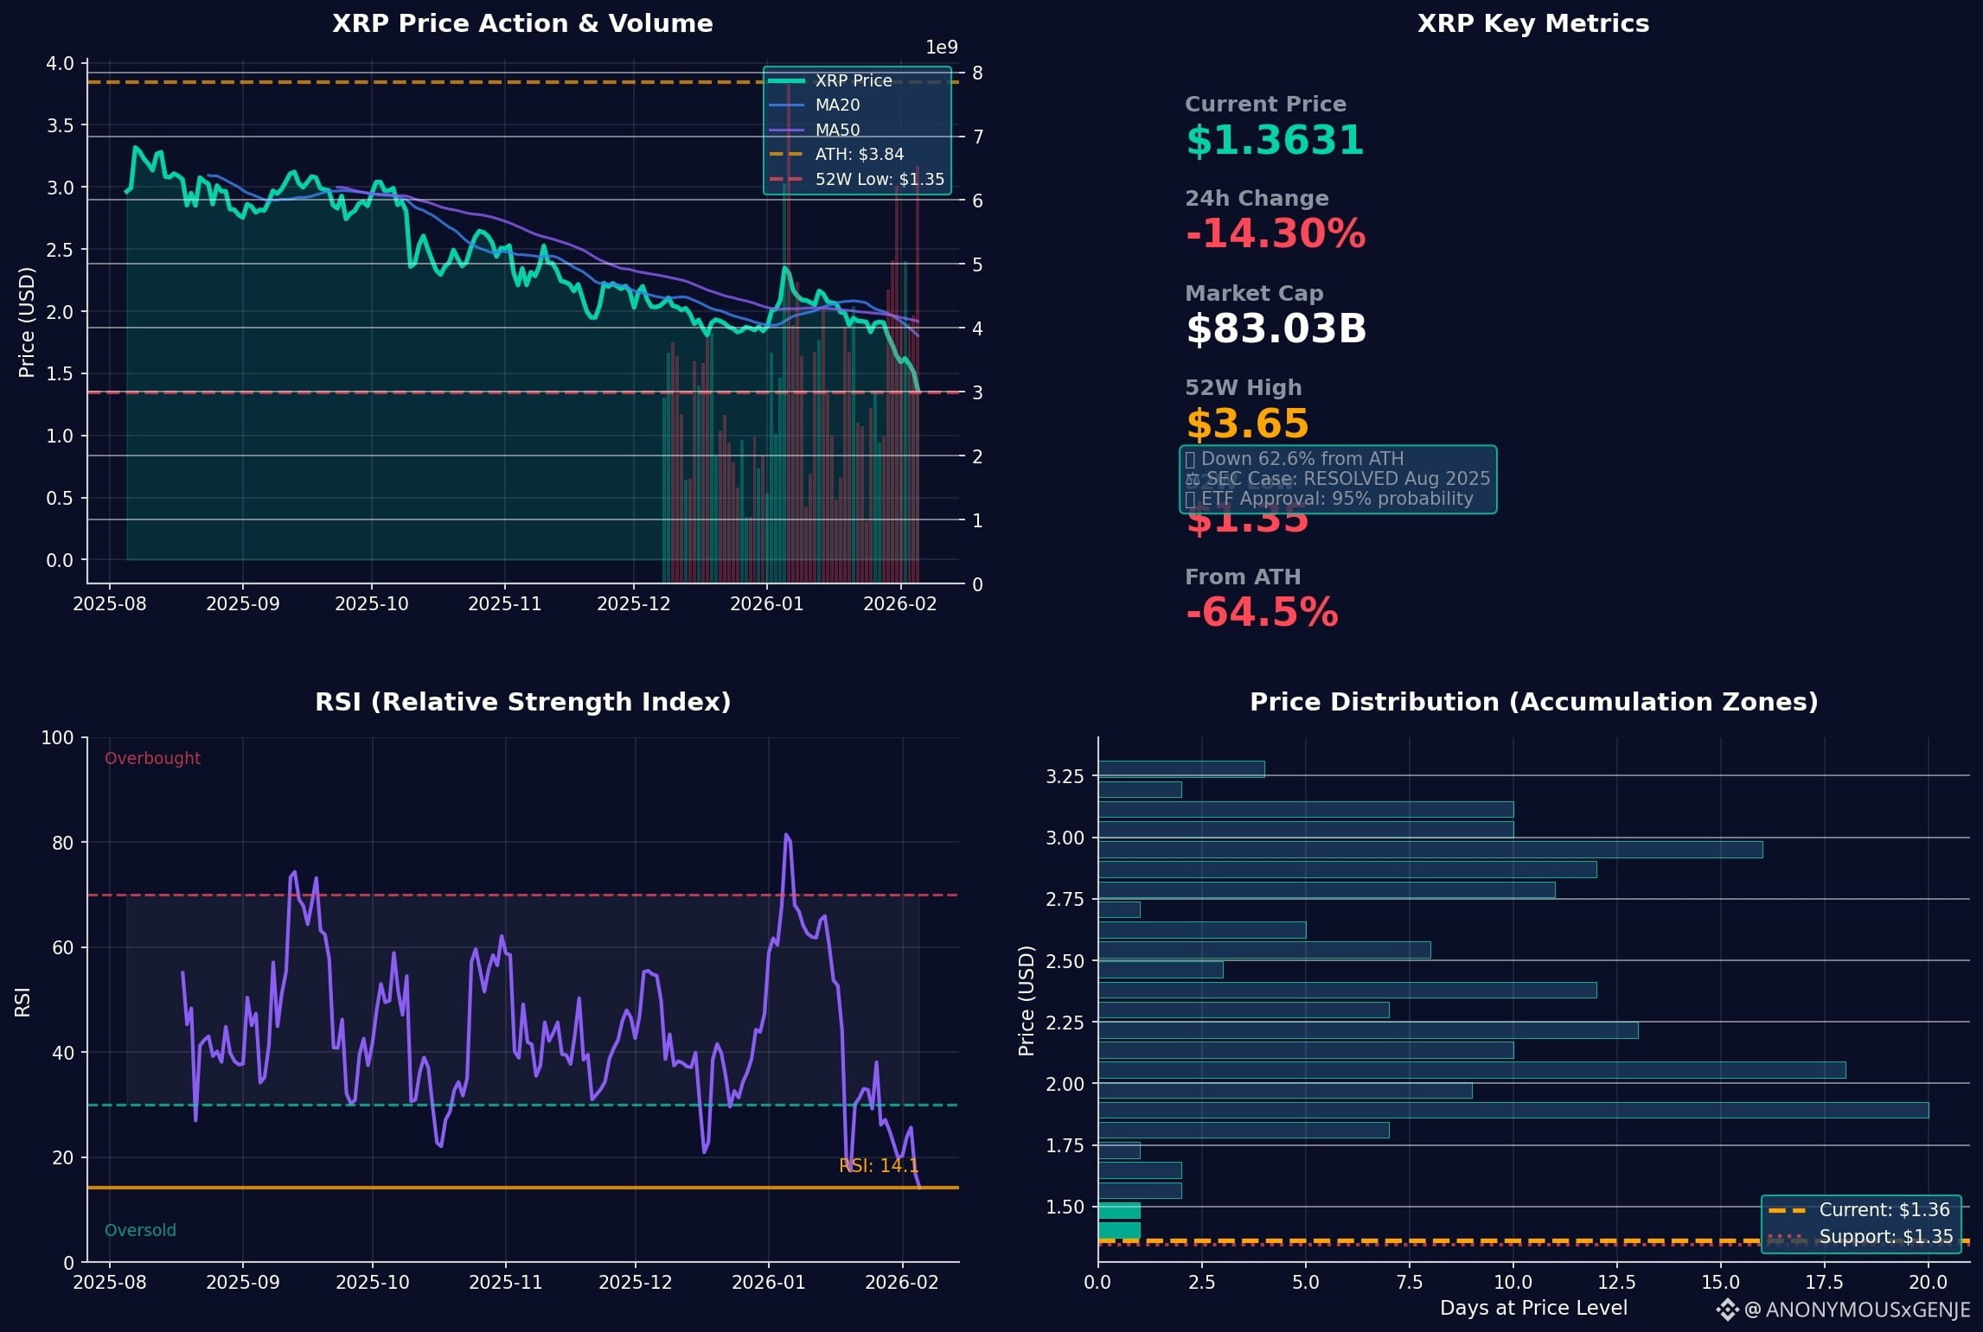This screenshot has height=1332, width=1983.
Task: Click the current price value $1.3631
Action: (1274, 140)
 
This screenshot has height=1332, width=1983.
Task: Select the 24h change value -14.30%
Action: (1275, 234)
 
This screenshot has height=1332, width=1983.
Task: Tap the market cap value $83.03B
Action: (1276, 329)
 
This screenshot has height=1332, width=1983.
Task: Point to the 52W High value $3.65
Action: (1247, 424)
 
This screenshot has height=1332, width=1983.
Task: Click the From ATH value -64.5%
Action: (1262, 613)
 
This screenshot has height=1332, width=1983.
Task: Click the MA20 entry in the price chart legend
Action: (837, 105)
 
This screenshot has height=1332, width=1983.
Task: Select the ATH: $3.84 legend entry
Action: (859, 155)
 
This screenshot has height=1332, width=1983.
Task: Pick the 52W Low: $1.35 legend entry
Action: (879, 180)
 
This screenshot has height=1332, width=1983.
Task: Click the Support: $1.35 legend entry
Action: (1885, 1237)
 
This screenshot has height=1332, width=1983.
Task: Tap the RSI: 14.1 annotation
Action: (879, 1166)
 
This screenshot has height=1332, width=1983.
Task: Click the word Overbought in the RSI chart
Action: (152, 759)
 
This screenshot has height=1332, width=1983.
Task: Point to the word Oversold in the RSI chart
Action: (140, 1230)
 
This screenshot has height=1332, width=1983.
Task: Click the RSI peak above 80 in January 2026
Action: (786, 836)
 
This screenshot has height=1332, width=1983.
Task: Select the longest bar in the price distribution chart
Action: (1513, 1110)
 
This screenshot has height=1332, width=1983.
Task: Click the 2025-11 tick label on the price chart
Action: (504, 604)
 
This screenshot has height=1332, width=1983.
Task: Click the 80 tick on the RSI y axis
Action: (63, 843)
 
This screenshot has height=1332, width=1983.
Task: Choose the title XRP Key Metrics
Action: (1532, 23)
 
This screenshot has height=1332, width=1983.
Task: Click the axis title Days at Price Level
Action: (1532, 1309)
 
